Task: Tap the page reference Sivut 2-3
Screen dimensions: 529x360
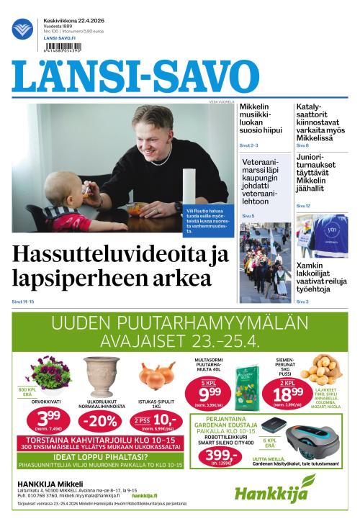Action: [249, 145]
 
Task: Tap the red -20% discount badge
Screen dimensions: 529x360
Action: [101, 420]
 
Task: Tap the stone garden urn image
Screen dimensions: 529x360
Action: [101, 374]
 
